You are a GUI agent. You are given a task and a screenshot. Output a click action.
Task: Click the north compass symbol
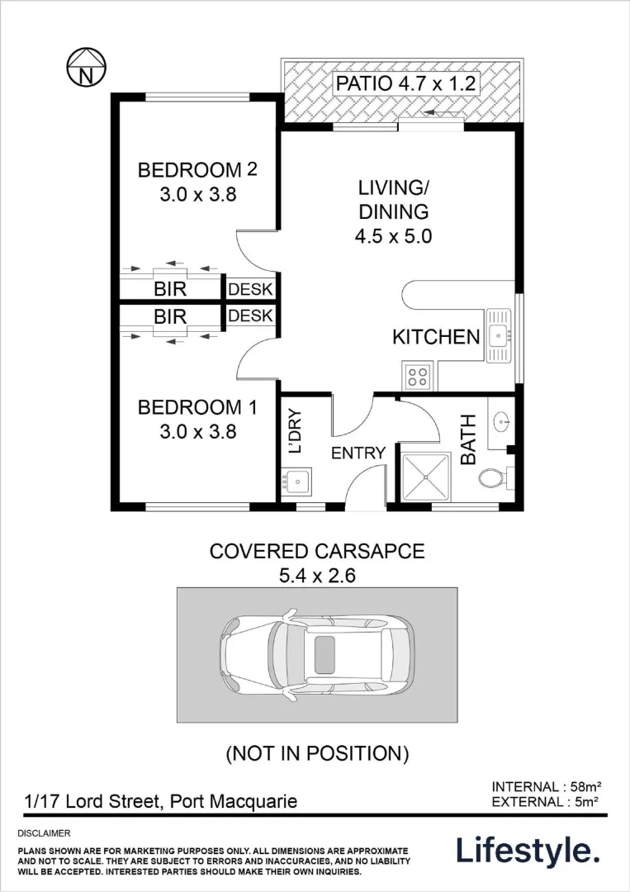85,69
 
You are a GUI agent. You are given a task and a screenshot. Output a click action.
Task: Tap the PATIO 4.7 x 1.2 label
405,83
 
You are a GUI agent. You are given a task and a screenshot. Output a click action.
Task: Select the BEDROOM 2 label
197,182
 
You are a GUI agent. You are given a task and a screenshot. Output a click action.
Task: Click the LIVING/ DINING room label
393,211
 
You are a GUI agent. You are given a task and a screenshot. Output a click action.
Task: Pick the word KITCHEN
436,337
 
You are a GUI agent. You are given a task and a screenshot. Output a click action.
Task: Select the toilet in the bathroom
492,478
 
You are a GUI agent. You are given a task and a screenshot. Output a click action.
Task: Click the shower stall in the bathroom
427,474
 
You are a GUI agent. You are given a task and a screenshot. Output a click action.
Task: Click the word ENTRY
358,453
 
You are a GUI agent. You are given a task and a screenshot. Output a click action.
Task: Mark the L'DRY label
295,430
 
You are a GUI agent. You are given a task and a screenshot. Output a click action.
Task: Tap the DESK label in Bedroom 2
250,290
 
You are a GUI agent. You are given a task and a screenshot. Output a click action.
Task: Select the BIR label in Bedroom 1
170,316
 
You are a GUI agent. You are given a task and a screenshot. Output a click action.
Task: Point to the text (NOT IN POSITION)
318,752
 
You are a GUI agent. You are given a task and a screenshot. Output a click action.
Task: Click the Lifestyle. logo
528,850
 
